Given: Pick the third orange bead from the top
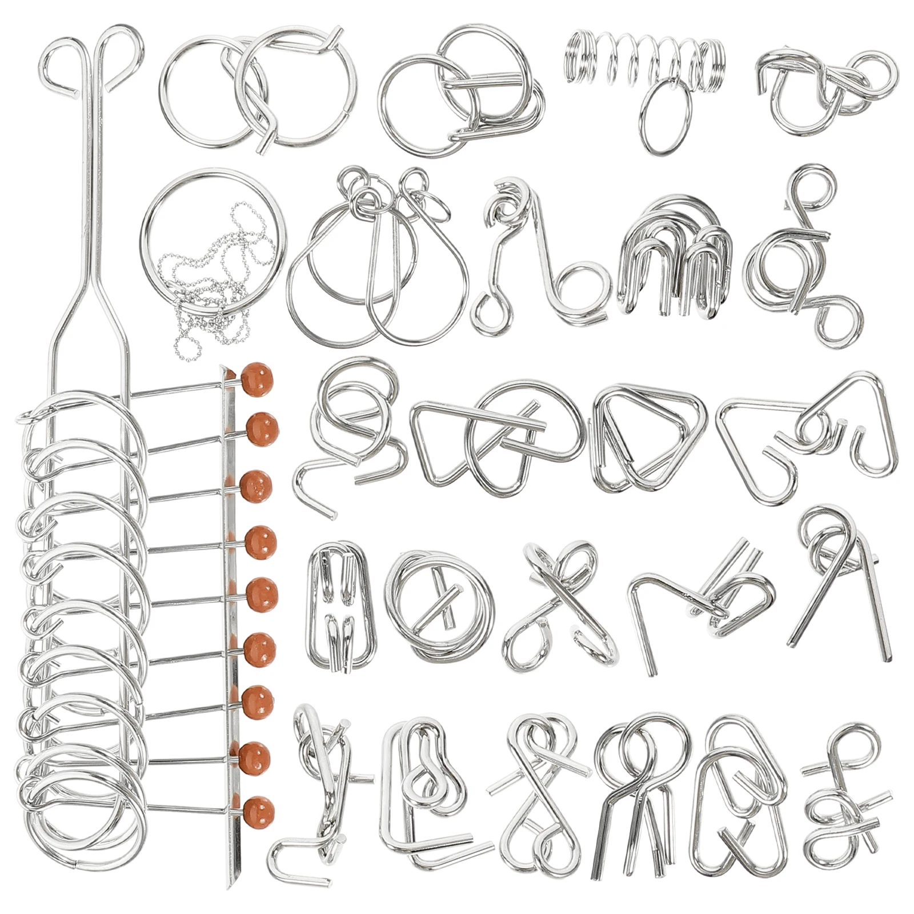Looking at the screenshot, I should click(x=256, y=486).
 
